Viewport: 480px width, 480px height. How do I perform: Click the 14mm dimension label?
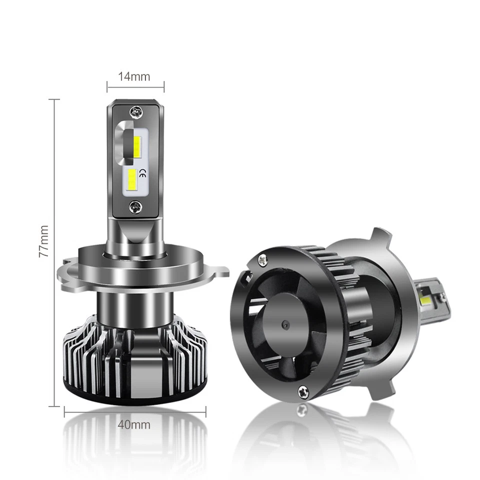coord(134,76)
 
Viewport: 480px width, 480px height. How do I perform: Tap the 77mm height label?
coord(44,240)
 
